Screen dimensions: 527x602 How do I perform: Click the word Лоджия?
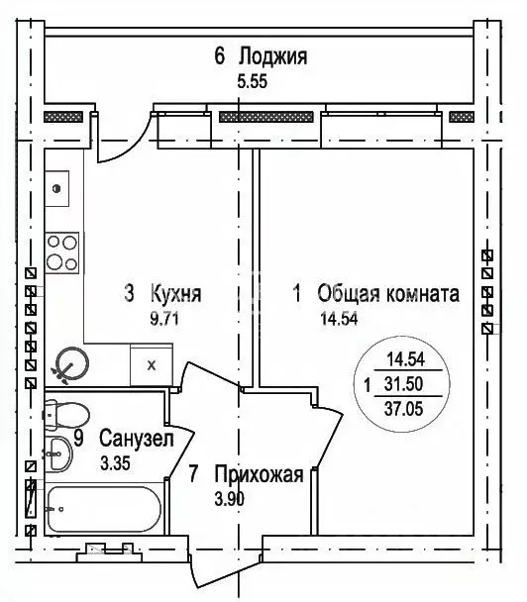click(x=273, y=56)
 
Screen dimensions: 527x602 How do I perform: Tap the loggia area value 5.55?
click(x=252, y=82)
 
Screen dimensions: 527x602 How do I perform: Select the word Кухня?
click(x=176, y=294)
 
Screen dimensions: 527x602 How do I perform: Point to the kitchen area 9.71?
click(x=164, y=319)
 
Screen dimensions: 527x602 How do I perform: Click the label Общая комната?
click(x=388, y=294)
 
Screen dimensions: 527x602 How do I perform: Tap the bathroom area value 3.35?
click(x=115, y=463)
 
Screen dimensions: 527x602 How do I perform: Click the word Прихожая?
click(x=259, y=474)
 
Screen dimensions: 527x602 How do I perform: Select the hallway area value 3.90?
click(x=229, y=499)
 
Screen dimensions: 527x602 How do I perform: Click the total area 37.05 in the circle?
click(x=404, y=409)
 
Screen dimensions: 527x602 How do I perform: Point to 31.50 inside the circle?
click(x=404, y=384)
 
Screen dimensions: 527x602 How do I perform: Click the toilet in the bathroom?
click(x=66, y=415)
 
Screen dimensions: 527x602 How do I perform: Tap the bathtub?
click(x=103, y=509)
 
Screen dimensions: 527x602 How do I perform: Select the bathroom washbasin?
click(x=58, y=453)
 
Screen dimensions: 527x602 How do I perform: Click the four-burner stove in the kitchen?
click(x=61, y=253)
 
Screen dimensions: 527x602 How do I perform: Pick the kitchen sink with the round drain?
click(x=56, y=188)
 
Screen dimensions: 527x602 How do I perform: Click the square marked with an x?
click(x=152, y=364)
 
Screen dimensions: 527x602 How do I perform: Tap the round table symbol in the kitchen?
click(x=72, y=364)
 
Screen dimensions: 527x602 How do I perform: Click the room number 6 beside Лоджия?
click(x=220, y=56)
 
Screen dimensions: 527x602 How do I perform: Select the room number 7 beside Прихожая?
click(x=193, y=474)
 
